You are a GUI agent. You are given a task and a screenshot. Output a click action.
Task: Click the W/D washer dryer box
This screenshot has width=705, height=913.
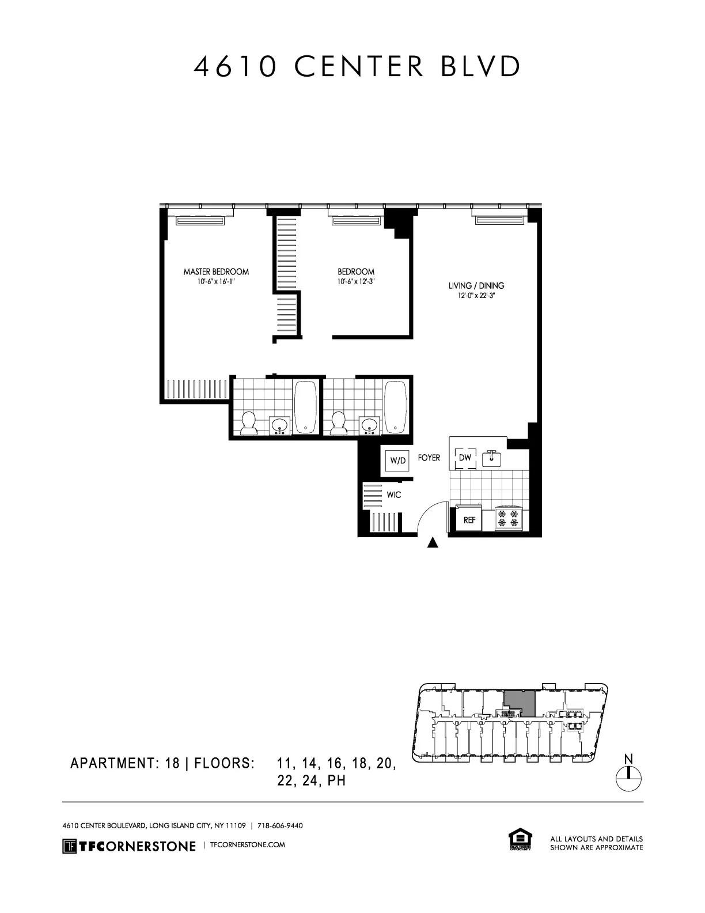[x=397, y=461]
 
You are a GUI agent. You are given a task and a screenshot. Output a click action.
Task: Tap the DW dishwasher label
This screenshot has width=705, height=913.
[x=465, y=458]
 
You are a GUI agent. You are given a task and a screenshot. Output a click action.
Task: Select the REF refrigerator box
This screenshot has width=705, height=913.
[x=469, y=519]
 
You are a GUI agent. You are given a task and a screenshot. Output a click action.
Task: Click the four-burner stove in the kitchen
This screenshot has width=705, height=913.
[x=509, y=518]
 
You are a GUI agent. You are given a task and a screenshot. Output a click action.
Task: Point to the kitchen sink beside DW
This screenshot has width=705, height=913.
[x=491, y=458]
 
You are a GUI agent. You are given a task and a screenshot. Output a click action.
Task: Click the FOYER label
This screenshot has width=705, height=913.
[x=429, y=458]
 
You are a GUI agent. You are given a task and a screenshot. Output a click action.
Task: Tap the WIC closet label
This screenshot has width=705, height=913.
[x=393, y=495]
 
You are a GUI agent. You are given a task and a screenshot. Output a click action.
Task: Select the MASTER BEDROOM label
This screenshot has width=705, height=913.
[x=216, y=271]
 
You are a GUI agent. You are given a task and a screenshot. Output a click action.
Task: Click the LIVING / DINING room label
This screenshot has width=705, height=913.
[x=476, y=285]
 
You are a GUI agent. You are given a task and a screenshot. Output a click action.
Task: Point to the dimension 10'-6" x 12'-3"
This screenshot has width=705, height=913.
[x=356, y=282]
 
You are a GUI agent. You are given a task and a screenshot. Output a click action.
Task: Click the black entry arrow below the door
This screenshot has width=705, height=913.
[x=434, y=542]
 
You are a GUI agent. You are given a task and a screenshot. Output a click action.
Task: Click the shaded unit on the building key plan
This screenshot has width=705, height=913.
[x=520, y=703]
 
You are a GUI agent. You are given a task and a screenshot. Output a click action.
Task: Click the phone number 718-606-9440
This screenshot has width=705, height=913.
[x=279, y=825]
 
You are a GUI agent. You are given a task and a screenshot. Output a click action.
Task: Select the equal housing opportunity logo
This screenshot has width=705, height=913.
[x=520, y=839]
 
